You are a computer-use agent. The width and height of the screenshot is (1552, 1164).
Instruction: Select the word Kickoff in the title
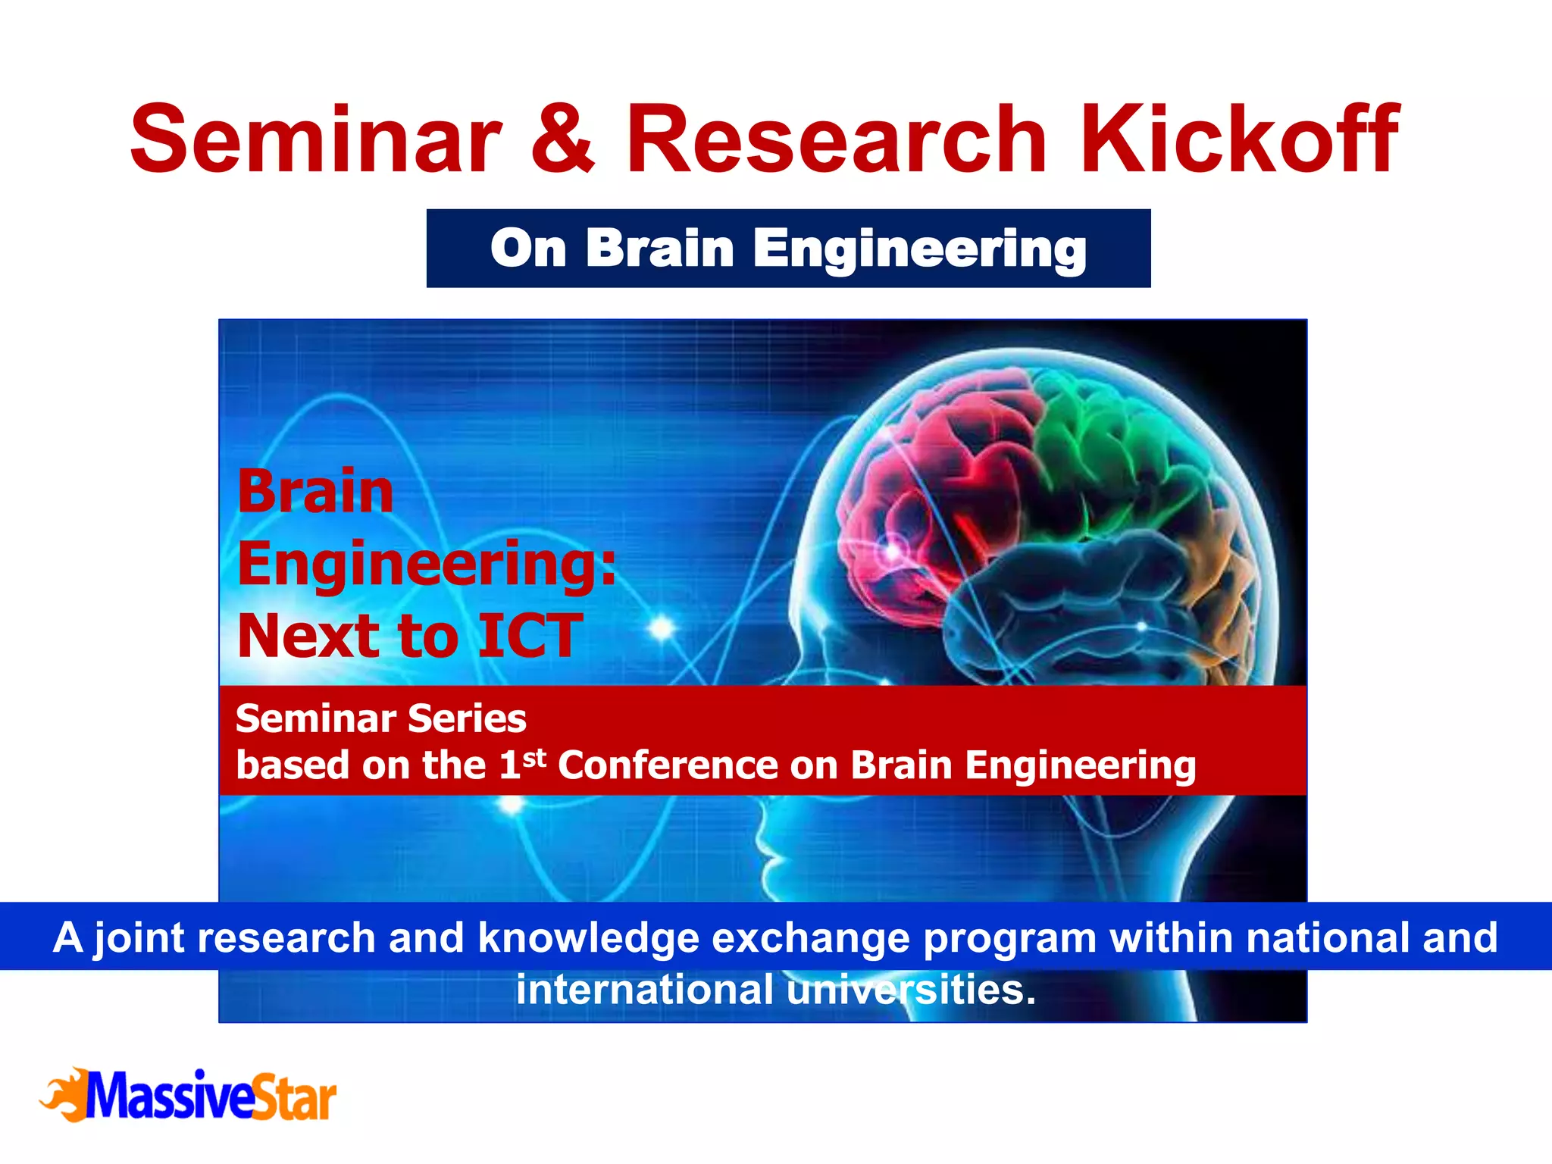click(1238, 140)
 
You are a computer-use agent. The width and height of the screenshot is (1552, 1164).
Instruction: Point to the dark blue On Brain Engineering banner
click(788, 249)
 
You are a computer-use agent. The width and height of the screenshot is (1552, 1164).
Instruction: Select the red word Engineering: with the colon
click(427, 565)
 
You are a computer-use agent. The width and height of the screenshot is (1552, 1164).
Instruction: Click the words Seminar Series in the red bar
click(380, 718)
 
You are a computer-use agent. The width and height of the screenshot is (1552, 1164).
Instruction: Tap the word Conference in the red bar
click(668, 765)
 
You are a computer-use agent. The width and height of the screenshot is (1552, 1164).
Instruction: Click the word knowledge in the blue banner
click(587, 938)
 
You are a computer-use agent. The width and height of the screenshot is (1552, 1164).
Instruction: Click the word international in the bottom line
click(644, 990)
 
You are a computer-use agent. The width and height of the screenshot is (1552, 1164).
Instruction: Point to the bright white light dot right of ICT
click(662, 627)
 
